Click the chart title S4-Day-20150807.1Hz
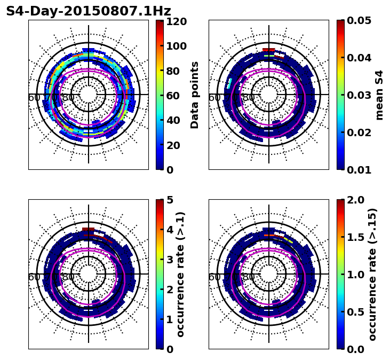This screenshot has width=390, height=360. (89, 11)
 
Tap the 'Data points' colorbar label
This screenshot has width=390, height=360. (195, 95)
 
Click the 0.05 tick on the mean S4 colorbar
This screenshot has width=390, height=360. (359, 21)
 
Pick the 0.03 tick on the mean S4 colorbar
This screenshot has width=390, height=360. (359, 95)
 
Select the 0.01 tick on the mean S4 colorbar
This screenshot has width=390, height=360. (359, 170)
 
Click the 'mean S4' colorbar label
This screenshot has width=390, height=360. (379, 95)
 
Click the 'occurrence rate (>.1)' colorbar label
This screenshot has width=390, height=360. (181, 274)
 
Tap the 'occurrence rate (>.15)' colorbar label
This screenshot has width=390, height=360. (372, 274)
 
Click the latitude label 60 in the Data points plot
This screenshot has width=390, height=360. (34, 98)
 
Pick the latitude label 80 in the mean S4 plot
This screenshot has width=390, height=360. (248, 98)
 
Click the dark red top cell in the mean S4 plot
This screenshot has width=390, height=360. (269, 50)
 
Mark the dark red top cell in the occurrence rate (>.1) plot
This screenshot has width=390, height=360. (89, 229)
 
